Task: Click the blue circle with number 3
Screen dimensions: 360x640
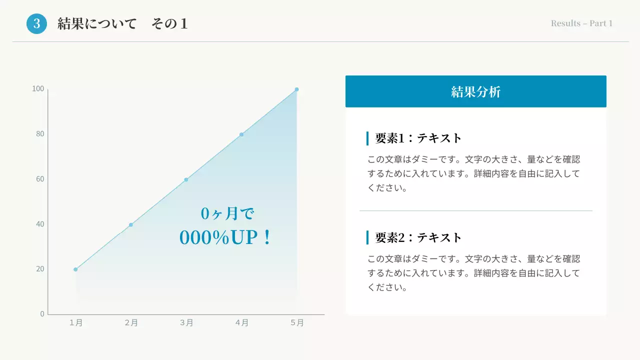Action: tap(36, 23)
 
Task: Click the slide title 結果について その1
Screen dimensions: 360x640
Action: tap(122, 23)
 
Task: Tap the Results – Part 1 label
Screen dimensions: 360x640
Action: tap(581, 23)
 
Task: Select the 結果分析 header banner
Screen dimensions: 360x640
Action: tap(475, 91)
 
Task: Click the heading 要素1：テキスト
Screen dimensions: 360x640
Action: tap(418, 138)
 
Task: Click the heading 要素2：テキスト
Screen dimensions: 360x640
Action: tap(418, 237)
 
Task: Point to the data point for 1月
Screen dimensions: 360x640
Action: tap(75, 269)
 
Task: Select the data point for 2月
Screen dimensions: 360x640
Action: tap(131, 225)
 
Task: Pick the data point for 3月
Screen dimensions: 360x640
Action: tap(186, 179)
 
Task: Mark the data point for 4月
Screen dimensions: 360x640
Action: tap(241, 134)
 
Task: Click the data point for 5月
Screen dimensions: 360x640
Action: tap(296, 89)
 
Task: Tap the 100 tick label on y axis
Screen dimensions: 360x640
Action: tap(38, 89)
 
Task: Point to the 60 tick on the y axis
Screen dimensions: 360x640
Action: tap(40, 179)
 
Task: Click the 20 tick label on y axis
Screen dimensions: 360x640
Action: tap(40, 269)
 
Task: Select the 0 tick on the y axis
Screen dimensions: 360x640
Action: tap(42, 314)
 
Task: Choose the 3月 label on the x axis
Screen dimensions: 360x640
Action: tap(186, 323)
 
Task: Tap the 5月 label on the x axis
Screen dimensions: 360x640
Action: tap(297, 323)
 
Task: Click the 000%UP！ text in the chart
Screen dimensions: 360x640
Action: tap(225, 238)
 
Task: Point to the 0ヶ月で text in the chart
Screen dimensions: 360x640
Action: tap(227, 214)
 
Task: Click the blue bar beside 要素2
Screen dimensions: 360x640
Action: tap(367, 237)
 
